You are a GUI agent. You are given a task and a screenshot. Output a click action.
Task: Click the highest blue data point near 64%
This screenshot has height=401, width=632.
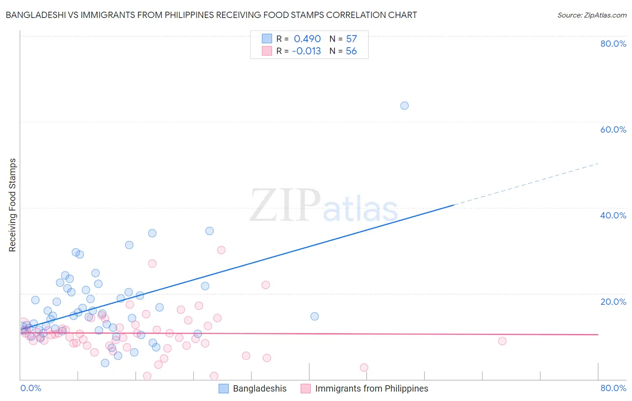tap(405, 106)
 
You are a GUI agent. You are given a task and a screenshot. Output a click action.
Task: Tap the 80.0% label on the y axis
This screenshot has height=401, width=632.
tap(613, 44)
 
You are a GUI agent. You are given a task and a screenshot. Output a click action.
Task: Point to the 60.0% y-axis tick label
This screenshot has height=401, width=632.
tap(613, 129)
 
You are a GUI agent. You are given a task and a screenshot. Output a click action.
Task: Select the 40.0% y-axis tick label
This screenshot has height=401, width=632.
tap(613, 215)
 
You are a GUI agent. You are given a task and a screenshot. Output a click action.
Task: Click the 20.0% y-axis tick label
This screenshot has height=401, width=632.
tap(613, 302)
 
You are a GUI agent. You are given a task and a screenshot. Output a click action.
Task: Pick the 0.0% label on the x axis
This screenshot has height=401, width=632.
tap(31, 388)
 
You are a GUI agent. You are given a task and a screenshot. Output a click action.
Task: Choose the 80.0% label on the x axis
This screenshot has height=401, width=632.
tap(613, 388)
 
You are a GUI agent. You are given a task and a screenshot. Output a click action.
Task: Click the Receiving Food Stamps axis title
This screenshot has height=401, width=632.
tap(13, 205)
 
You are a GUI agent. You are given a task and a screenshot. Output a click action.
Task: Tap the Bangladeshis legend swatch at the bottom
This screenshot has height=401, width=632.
tap(224, 388)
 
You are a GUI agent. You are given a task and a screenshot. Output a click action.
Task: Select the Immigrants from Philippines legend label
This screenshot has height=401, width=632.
tap(371, 388)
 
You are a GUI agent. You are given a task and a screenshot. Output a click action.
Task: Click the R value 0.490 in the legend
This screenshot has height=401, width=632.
tap(307, 39)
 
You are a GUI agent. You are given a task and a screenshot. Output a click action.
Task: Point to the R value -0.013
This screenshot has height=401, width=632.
tap(306, 51)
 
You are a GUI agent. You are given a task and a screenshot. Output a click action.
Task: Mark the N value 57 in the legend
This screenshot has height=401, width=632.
tap(351, 39)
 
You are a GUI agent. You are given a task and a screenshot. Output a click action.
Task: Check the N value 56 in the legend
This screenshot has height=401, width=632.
tap(351, 51)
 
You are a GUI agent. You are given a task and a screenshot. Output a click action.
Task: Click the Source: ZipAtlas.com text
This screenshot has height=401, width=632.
tap(592, 15)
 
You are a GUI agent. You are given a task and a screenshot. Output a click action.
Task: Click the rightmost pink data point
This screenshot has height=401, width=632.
tap(502, 341)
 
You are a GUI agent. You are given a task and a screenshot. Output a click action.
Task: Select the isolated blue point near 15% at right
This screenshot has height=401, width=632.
tap(315, 316)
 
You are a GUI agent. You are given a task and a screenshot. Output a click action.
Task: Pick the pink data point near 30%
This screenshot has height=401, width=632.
tap(221, 250)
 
